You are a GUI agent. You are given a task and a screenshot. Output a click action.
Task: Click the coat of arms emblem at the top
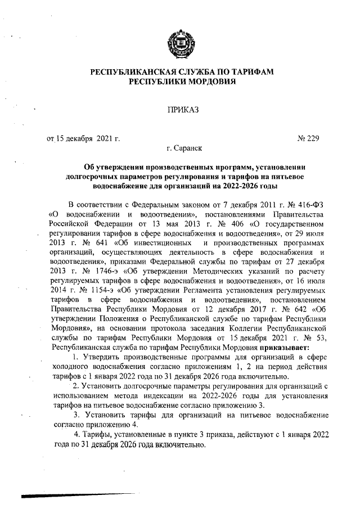179,44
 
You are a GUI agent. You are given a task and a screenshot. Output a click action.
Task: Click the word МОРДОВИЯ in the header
208,82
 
